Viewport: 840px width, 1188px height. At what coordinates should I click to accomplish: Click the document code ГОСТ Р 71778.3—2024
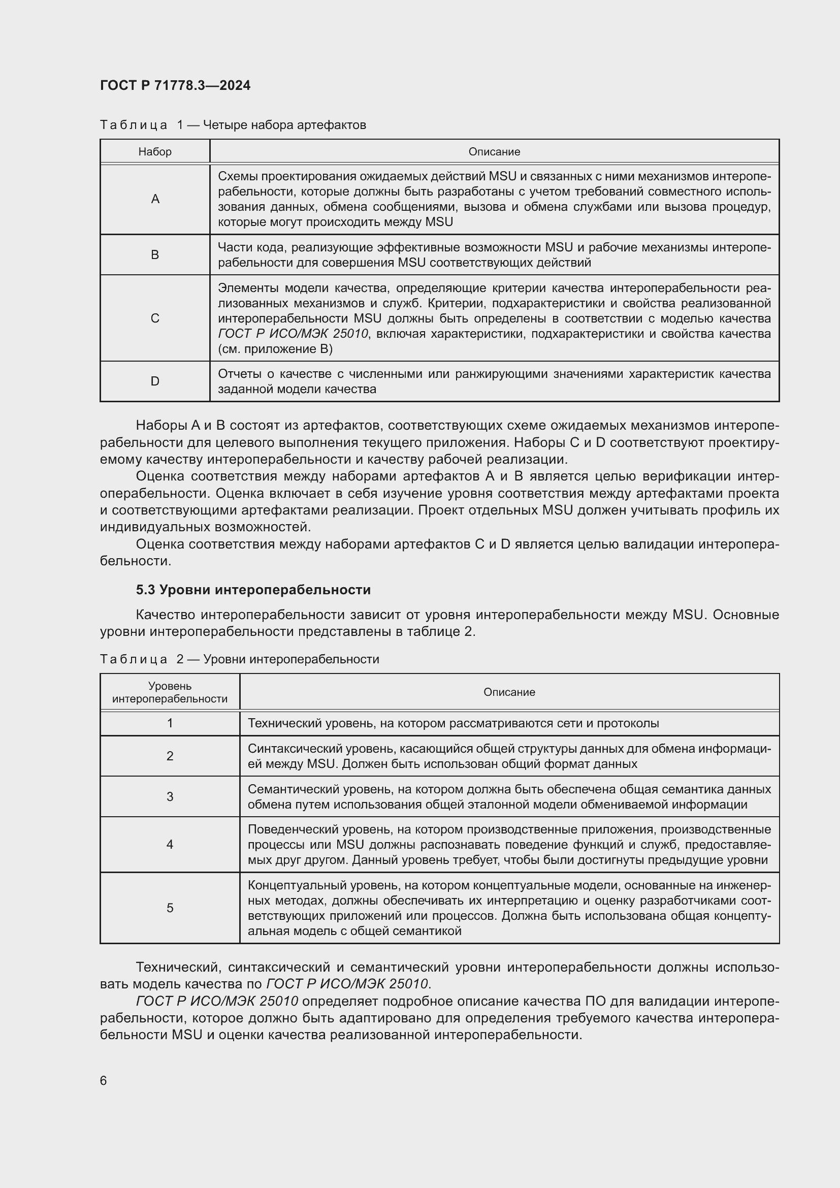coord(175,85)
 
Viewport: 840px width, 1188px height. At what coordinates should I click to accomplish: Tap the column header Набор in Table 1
coord(155,151)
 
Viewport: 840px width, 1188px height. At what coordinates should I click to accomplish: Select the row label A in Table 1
coord(155,199)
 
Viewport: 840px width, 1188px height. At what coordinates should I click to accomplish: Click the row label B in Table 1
coord(155,254)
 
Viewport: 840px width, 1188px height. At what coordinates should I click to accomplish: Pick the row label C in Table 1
coord(155,318)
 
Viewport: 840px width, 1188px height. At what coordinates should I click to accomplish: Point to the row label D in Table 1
coord(155,381)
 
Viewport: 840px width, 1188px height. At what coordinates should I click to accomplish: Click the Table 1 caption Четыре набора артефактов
coord(284,125)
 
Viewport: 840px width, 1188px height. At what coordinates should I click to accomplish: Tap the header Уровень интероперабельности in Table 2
coord(170,692)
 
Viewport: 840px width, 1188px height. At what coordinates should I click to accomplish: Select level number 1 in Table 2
coord(170,723)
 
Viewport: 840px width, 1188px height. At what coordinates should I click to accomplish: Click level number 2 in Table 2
coord(170,756)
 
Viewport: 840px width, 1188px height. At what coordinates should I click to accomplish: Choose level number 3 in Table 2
coord(170,796)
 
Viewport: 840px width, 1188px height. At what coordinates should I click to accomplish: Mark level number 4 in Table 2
coord(170,845)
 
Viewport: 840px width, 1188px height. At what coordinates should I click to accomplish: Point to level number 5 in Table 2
coord(170,908)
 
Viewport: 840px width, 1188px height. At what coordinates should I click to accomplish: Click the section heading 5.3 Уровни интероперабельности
coord(253,590)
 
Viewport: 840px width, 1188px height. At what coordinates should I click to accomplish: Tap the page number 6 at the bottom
coord(104,1080)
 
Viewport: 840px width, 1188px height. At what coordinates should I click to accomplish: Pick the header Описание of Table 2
coord(509,692)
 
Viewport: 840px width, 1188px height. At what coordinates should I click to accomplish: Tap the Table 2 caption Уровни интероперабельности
coord(290,659)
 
